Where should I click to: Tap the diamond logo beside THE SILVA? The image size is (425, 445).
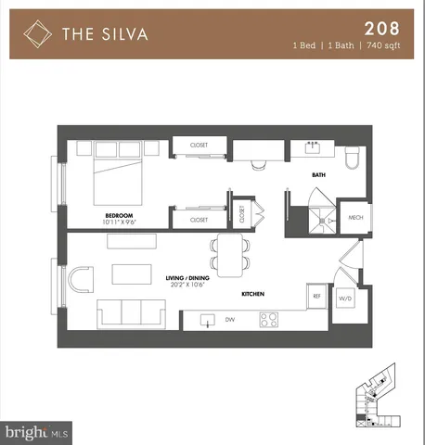click(36, 34)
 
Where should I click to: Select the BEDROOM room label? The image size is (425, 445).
click(118, 214)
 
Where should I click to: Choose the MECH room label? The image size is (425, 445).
click(354, 218)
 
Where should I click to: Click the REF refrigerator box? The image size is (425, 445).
click(316, 297)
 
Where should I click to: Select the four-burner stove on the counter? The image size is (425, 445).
click(269, 321)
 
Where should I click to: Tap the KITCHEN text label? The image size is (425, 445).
click(253, 294)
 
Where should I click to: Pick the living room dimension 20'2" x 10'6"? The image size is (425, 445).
click(186, 285)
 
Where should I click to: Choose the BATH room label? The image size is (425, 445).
click(317, 174)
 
